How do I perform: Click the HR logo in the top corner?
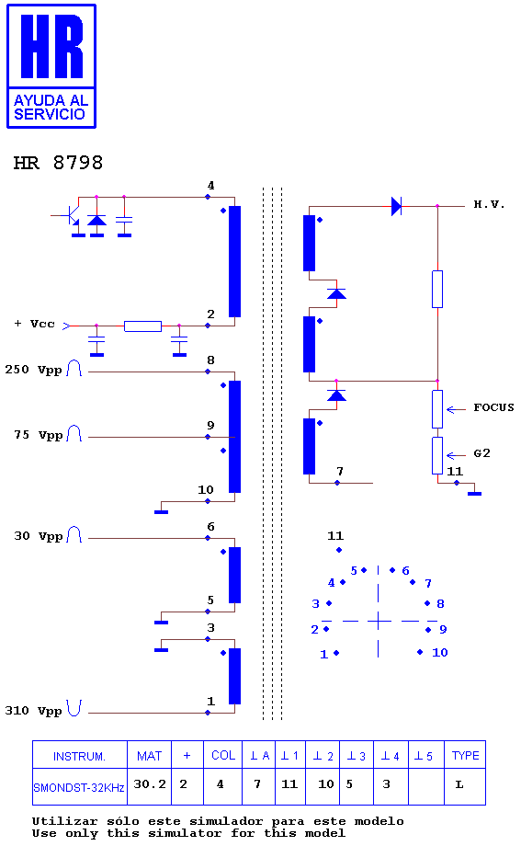click(51, 66)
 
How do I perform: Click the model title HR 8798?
click(58, 163)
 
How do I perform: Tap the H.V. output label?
click(489, 204)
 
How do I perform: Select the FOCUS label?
click(493, 407)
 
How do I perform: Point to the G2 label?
click(481, 453)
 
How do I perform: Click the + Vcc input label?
click(35, 324)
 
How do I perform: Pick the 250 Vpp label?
click(33, 370)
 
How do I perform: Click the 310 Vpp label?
click(33, 711)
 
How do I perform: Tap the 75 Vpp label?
click(39, 435)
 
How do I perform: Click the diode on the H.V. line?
click(396, 206)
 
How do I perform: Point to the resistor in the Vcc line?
click(143, 326)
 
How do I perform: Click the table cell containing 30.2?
click(150, 786)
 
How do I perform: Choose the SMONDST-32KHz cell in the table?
click(79, 787)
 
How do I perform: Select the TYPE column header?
click(465, 755)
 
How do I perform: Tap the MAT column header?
click(150, 755)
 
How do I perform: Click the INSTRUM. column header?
click(79, 756)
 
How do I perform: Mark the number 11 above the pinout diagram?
click(335, 536)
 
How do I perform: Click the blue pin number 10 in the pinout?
click(440, 652)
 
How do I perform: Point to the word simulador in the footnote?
click(227, 821)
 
